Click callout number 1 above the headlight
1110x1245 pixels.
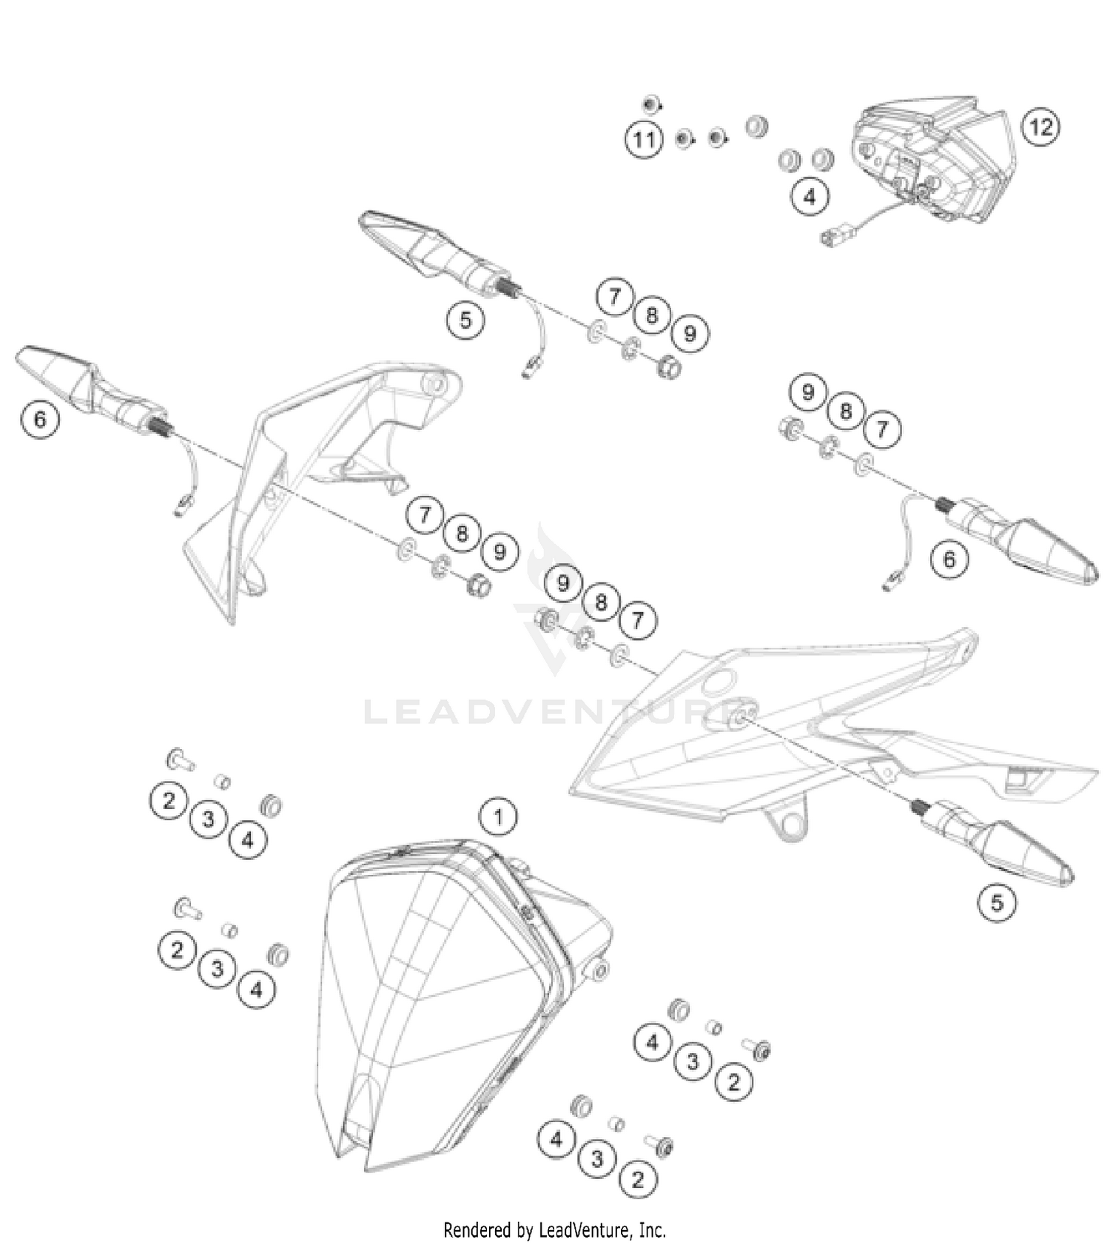498,816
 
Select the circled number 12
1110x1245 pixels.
1040,127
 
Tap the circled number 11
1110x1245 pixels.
644,140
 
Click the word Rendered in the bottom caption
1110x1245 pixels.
477,1229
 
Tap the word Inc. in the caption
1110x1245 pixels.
652,1229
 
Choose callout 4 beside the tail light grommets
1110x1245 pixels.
810,196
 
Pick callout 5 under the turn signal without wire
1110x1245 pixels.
997,902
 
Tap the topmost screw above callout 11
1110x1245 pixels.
651,104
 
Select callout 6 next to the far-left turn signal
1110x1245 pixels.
39,419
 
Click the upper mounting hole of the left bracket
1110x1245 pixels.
434,384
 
